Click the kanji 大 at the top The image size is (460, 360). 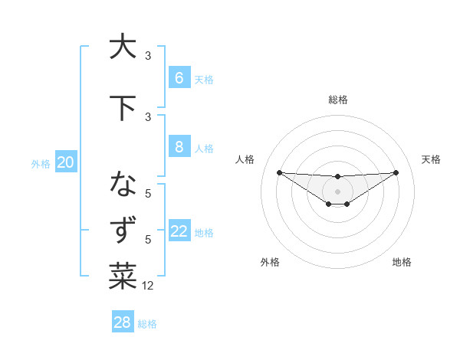123,47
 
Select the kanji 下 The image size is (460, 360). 123,108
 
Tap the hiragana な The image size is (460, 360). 123,185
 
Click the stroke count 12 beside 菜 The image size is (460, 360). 148,286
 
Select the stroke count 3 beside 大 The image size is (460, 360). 148,56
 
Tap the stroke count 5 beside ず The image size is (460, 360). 148,240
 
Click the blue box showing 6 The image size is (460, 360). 179,77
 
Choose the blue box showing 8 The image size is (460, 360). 179,147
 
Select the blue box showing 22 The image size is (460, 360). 179,231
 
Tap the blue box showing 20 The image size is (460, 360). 65,162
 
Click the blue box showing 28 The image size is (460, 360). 122,322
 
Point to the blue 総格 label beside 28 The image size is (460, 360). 147,324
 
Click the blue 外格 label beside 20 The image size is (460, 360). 41,163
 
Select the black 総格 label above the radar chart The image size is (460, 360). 337,100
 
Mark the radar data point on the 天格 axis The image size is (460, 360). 396,172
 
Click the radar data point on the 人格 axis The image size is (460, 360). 279,172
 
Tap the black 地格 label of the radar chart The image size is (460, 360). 402,262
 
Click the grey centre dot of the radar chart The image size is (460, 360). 337,191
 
